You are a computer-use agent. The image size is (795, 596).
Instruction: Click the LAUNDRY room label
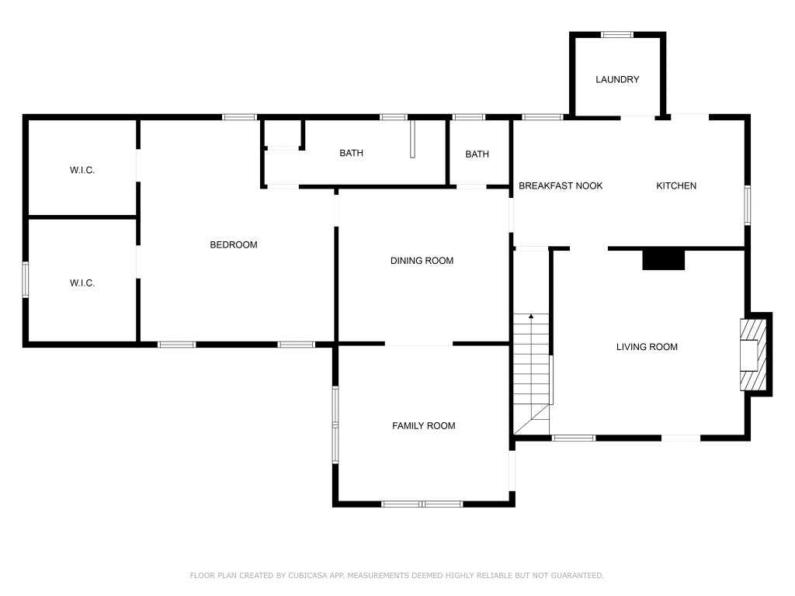click(617, 80)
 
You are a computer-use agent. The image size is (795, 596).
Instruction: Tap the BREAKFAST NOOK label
click(561, 186)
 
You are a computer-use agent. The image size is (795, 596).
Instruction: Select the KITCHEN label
click(676, 186)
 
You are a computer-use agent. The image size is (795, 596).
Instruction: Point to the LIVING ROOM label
click(647, 347)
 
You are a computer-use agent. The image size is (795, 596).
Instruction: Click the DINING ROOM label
click(422, 261)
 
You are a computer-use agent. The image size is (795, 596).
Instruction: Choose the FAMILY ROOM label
click(423, 426)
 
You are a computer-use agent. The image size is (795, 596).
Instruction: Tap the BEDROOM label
click(233, 245)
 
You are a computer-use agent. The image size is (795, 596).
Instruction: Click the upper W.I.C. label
click(82, 170)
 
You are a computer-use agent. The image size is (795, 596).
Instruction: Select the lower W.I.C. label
click(82, 283)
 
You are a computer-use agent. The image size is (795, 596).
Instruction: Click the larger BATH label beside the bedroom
click(351, 153)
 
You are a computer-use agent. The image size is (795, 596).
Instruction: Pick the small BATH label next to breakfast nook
click(477, 154)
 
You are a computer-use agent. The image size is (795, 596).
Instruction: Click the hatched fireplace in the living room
click(753, 354)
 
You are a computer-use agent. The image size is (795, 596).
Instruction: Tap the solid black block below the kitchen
click(664, 259)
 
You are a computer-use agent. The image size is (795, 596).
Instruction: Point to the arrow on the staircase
click(531, 317)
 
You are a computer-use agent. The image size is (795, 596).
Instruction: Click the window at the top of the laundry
click(617, 35)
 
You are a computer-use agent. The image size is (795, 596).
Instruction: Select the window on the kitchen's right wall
click(747, 205)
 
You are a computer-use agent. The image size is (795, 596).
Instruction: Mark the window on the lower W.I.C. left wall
click(26, 279)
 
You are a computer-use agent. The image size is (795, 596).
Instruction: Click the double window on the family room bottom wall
click(422, 504)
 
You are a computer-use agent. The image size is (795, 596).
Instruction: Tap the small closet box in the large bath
click(283, 133)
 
